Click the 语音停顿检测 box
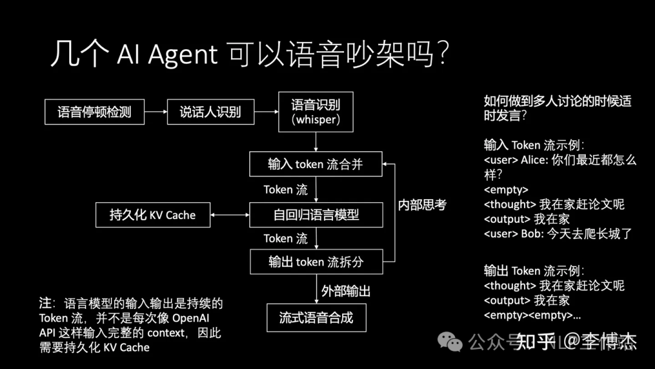pyautogui.click(x=95, y=112)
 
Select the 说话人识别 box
pyautogui.click(x=210, y=112)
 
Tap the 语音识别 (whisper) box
pyautogui.click(x=315, y=112)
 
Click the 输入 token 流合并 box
pyautogui.click(x=315, y=164)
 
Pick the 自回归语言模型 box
pyautogui.click(x=315, y=215)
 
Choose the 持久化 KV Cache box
pyautogui.click(x=153, y=215)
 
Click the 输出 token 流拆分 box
pyautogui.click(x=315, y=262)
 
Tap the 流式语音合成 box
pyautogui.click(x=316, y=317)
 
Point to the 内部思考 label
pyautogui.click(x=422, y=205)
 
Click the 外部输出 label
pyautogui.click(x=346, y=291)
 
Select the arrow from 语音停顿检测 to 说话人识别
pyautogui.click(x=156, y=112)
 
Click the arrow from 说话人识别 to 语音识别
pyautogui.click(x=266, y=112)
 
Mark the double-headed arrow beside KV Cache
pyautogui.click(x=230, y=215)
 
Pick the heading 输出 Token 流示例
pyautogui.click(x=534, y=271)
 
